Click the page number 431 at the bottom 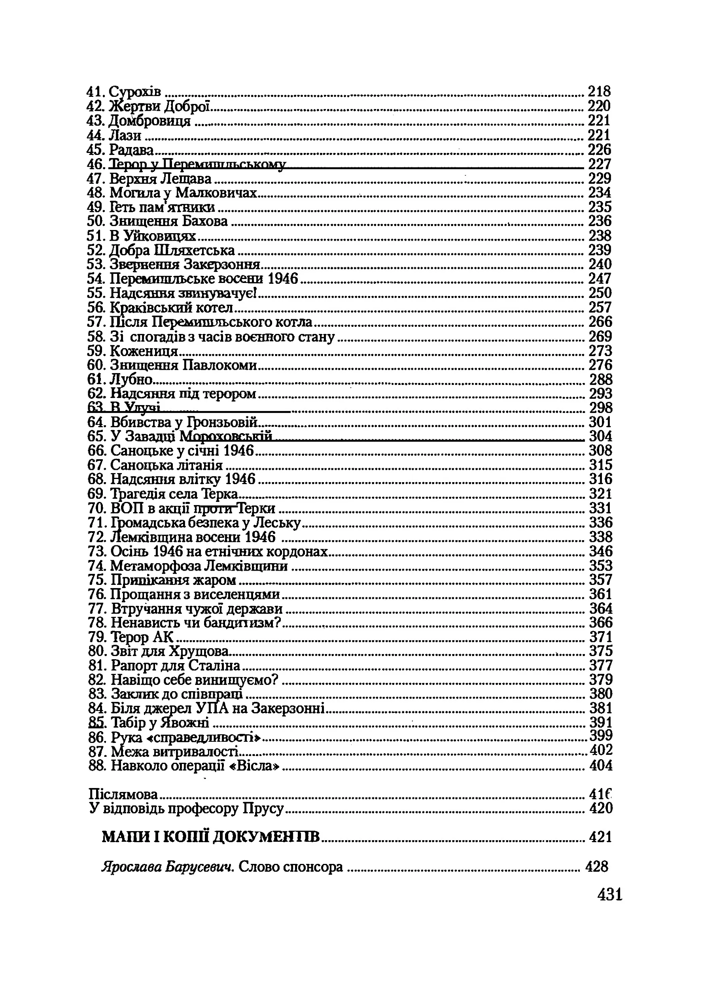(x=609, y=895)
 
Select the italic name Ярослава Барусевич (x=168, y=867)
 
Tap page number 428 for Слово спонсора (x=596, y=867)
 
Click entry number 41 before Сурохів (x=97, y=92)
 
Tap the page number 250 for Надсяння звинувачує (x=600, y=293)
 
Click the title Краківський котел (x=172, y=307)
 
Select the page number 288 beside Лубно (x=601, y=379)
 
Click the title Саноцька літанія (x=167, y=465)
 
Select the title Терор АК (x=142, y=637)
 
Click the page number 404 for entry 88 (x=601, y=766)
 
